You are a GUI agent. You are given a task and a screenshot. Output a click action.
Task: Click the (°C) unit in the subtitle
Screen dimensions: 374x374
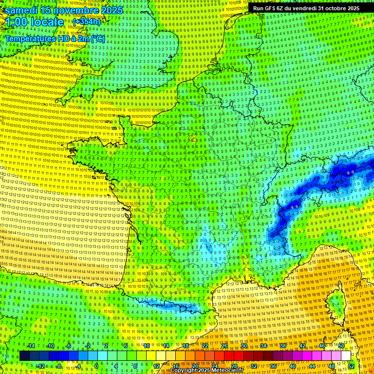(x=97, y=38)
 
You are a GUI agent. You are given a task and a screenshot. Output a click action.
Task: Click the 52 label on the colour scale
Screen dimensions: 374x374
(x=351, y=366)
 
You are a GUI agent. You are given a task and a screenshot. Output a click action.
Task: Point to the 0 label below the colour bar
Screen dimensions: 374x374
(x=96, y=366)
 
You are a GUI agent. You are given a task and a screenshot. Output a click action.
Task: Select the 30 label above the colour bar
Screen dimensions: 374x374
(x=243, y=346)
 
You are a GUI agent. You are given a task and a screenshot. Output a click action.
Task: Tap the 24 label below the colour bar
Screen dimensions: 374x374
(x=214, y=366)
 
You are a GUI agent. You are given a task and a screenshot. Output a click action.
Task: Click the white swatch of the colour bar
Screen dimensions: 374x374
(x=346, y=356)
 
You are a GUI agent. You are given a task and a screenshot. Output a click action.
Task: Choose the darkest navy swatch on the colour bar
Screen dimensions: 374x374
(x=24, y=356)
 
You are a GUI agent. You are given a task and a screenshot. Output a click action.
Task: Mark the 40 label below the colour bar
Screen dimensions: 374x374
(x=292, y=366)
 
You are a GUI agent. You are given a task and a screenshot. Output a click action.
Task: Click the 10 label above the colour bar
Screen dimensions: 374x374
(x=146, y=346)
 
